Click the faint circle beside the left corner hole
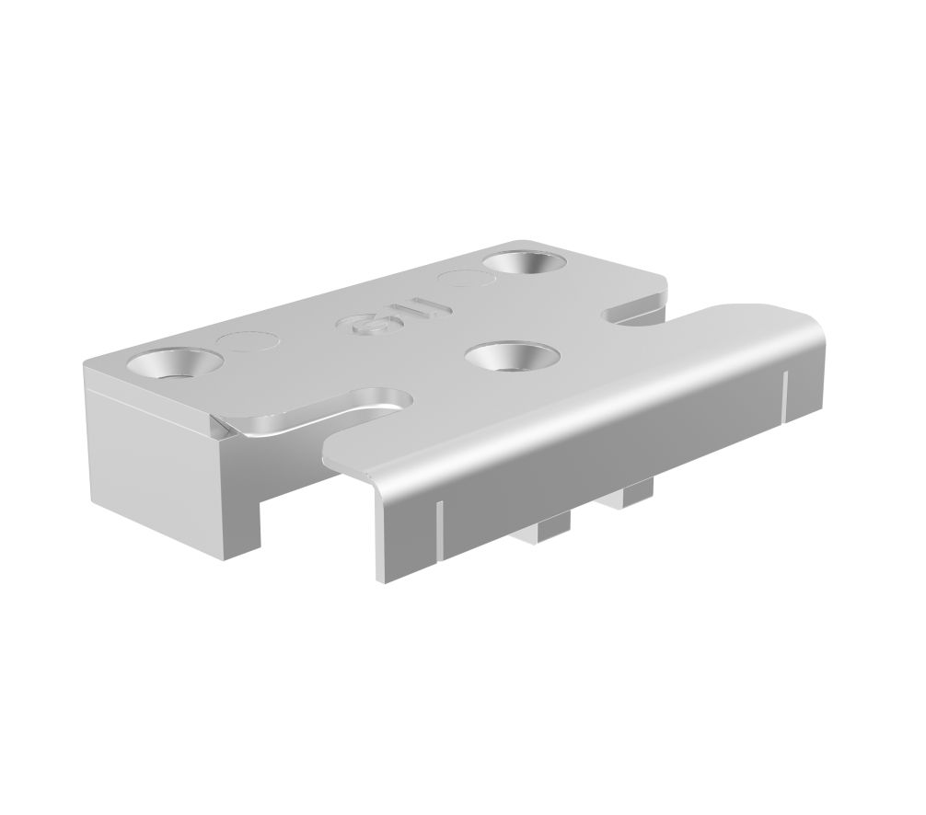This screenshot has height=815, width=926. coord(243,343)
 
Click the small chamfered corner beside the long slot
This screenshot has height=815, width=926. coord(220,425)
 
